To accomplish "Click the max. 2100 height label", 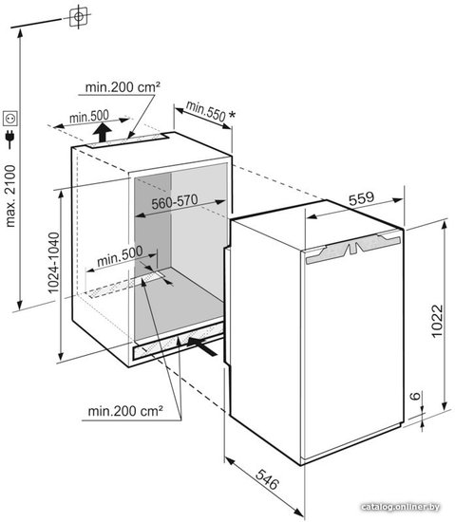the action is click(x=10, y=196).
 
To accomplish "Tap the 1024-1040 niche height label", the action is click(x=53, y=263).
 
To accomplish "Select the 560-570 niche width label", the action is click(x=175, y=201).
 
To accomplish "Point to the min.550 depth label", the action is click(x=206, y=110).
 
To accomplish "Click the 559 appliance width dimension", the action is click(x=361, y=198).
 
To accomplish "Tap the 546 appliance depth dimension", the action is click(x=267, y=479).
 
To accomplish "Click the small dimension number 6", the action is click(x=415, y=396).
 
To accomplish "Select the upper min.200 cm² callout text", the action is click(x=123, y=87).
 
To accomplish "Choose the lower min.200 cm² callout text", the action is click(x=125, y=411).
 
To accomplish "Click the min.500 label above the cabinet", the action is click(x=89, y=117).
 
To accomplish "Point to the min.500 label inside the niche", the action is click(x=120, y=256).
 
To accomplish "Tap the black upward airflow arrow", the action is click(x=102, y=132).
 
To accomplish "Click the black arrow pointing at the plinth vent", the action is click(x=201, y=345).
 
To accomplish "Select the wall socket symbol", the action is click(x=10, y=118).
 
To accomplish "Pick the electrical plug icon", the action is click(x=10, y=139).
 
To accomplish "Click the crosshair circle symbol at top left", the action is click(x=79, y=16).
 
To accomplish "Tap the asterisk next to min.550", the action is click(x=232, y=115).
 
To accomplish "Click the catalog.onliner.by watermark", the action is click(x=400, y=507).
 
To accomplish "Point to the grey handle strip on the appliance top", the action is click(x=352, y=248).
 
